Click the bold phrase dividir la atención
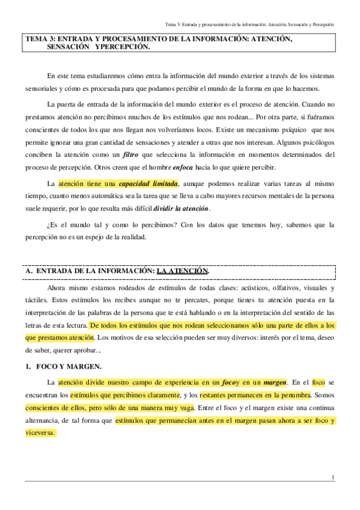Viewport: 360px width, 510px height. click(x=182, y=208)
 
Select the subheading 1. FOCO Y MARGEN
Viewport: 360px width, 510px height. click(x=62, y=366)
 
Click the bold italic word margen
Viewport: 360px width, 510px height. click(x=275, y=382)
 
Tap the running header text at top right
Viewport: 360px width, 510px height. click(x=249, y=23)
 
